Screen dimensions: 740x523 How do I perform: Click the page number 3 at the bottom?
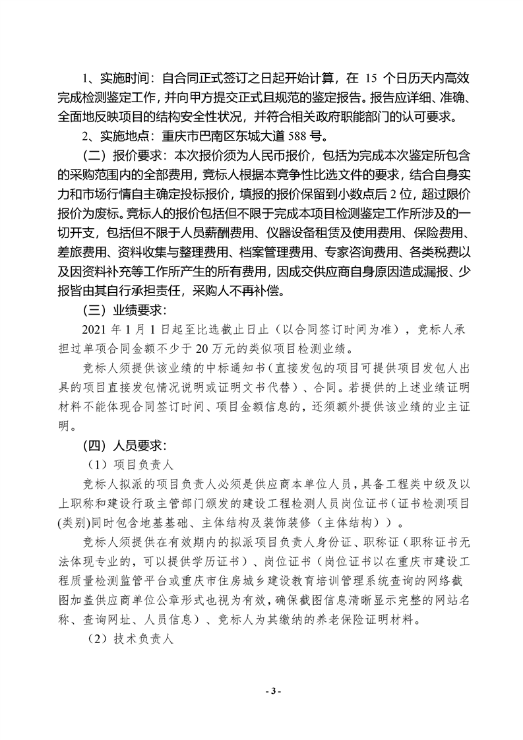(272, 691)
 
